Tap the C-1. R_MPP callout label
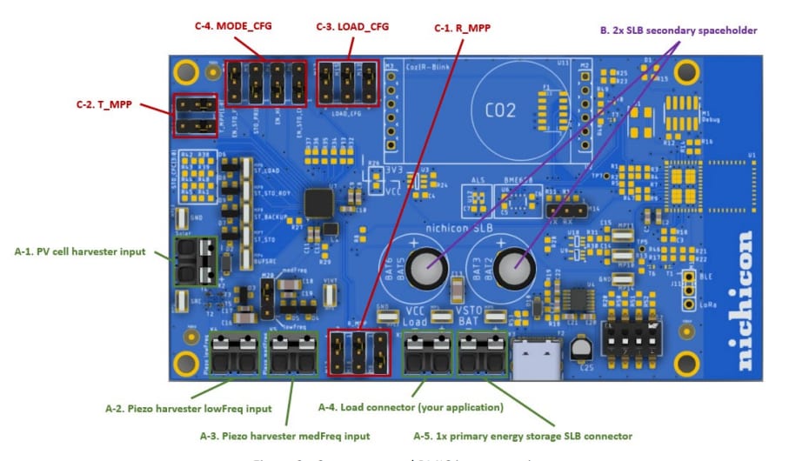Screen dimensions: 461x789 click(x=462, y=27)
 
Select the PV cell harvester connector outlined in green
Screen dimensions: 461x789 click(x=195, y=260)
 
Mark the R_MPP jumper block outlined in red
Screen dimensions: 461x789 click(x=358, y=351)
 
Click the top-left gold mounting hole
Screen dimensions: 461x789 click(x=184, y=71)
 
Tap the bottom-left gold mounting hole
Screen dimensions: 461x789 click(x=184, y=364)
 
